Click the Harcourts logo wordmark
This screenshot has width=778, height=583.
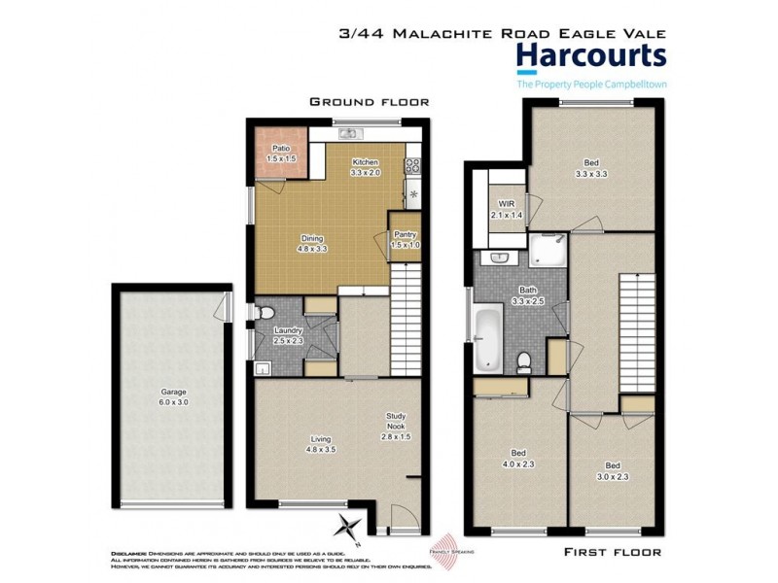point(590,56)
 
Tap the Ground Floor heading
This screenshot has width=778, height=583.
point(369,101)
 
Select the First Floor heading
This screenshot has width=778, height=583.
point(613,552)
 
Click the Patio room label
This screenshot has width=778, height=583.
point(282,153)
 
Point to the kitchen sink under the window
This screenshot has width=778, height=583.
point(349,134)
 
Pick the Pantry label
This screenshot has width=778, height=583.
point(405,238)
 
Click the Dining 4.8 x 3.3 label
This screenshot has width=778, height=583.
point(311,243)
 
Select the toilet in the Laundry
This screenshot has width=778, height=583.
point(265,313)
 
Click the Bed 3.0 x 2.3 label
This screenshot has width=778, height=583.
point(613,470)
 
